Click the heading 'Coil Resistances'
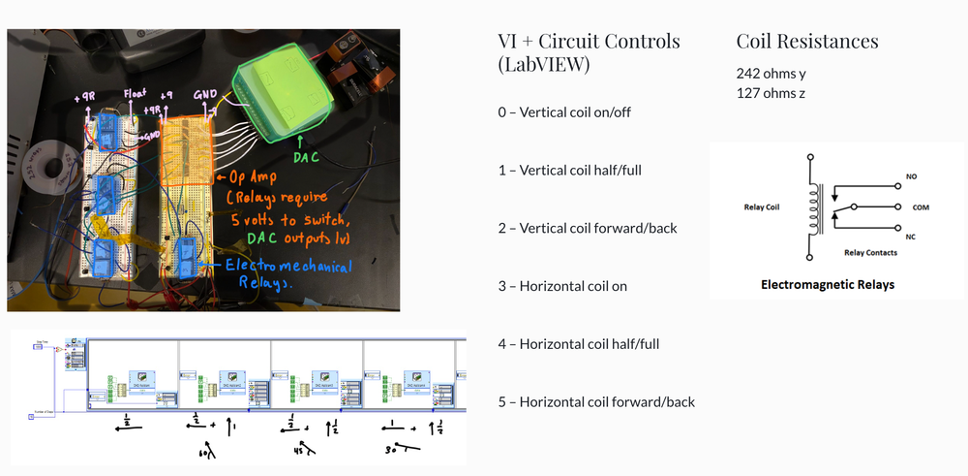tap(807, 42)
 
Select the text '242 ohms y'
tap(771, 73)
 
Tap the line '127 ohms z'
tap(770, 93)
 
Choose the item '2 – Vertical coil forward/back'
tap(588, 228)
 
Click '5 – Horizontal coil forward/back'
tap(596, 402)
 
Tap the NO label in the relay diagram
tap(911, 177)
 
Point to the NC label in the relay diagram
tap(911, 237)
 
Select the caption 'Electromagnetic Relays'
tap(828, 285)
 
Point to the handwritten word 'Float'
tap(134, 95)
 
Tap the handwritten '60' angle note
tap(201, 453)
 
